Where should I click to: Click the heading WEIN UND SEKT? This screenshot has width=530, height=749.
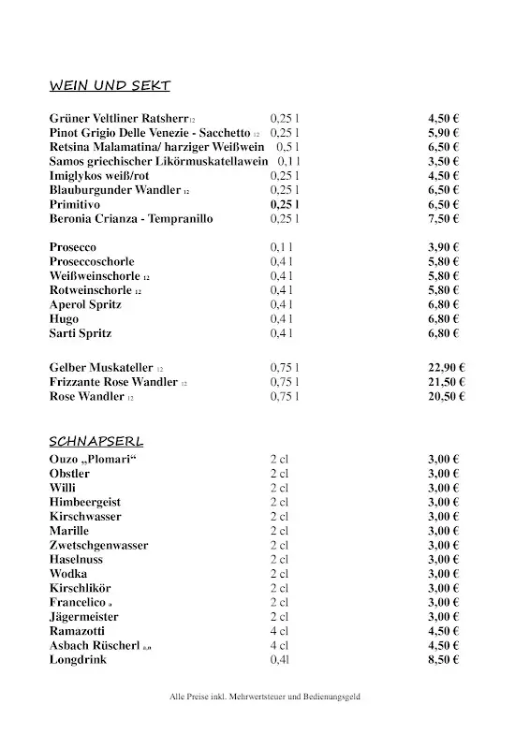110,86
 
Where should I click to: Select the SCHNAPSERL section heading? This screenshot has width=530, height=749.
96,440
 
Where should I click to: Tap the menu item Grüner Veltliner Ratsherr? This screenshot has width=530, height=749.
119,119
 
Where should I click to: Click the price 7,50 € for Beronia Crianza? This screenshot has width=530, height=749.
443,218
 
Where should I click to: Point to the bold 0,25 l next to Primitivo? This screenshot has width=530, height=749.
285,204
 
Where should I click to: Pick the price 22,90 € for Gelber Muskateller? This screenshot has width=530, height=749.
447,368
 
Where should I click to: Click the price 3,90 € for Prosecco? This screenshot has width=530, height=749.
443,247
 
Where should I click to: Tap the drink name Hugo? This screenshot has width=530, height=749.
64,318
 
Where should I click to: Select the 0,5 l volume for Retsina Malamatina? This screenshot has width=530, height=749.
287,147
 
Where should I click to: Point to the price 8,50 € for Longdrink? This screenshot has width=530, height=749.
443,659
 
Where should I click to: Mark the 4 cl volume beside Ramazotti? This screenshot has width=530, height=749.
280,631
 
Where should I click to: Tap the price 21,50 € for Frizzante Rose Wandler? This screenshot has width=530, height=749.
447,382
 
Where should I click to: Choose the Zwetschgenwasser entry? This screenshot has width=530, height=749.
98,545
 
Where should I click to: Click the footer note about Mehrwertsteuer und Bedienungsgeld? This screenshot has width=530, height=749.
265,698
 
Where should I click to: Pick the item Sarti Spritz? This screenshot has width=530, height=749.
81,333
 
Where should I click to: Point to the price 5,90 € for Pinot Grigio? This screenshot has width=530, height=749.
443,133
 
